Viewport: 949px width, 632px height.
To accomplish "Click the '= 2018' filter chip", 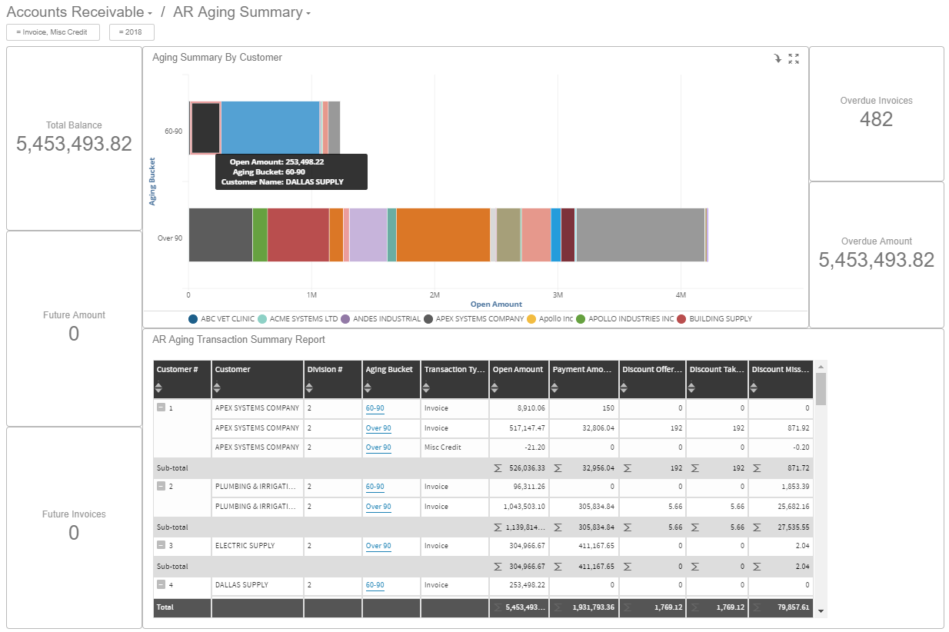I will pos(132,32).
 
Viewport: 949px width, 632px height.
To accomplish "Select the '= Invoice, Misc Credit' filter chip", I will pos(53,32).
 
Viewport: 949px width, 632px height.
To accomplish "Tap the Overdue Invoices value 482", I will pos(876,119).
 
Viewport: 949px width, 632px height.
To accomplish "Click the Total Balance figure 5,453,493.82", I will pos(74,144).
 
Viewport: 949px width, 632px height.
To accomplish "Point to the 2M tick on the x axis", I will pos(435,294).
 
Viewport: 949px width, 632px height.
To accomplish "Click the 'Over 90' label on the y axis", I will pos(170,238).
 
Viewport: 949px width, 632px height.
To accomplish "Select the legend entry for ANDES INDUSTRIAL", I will pos(386,318).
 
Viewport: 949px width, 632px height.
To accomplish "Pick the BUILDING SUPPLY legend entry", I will pos(720,318).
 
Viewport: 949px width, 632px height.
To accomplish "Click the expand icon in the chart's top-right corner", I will pos(794,59).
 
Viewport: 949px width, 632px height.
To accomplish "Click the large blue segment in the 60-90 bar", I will pos(270,128).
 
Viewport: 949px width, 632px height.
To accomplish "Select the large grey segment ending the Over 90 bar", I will pos(640,235).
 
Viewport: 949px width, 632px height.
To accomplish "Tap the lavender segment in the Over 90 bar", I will pos(368,235).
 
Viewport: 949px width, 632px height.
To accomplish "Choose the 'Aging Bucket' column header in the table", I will pos(389,370).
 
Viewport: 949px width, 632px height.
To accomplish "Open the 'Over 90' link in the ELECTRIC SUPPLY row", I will pos(378,546).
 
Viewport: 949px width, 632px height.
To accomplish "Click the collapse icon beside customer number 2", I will pos(161,487).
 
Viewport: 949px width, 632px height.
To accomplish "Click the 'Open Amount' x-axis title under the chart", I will pos(496,304).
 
